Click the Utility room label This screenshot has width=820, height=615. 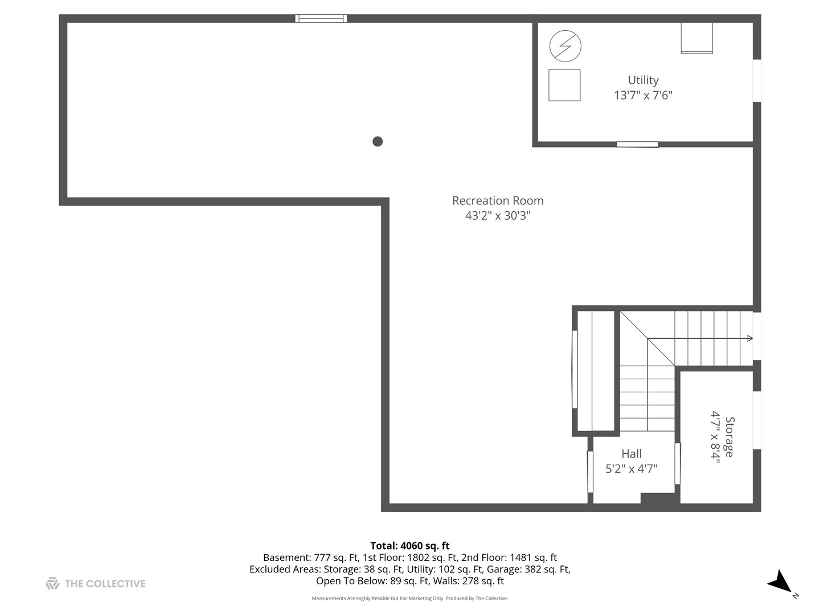tap(643, 80)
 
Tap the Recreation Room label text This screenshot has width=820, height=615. tap(498, 200)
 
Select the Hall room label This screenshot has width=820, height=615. tap(632, 453)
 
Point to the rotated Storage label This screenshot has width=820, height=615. tap(729, 437)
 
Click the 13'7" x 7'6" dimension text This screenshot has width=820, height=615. tap(643, 95)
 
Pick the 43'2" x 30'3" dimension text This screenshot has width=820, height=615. tap(498, 215)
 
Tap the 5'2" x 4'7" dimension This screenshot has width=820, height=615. tap(632, 468)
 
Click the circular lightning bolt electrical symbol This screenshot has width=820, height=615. tap(565, 46)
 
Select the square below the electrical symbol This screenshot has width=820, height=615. tap(564, 85)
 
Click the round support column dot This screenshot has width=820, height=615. tap(378, 142)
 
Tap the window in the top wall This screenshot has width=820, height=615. tap(321, 19)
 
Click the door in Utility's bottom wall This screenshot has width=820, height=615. tap(637, 145)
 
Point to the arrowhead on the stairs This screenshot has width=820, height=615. tap(749, 339)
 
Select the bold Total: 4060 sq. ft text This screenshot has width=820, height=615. tap(410, 546)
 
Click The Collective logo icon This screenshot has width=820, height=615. tap(52, 584)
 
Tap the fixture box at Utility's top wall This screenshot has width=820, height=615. tap(696, 38)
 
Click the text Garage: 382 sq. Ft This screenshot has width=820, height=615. tap(543, 569)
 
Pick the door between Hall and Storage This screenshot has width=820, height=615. tap(677, 464)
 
